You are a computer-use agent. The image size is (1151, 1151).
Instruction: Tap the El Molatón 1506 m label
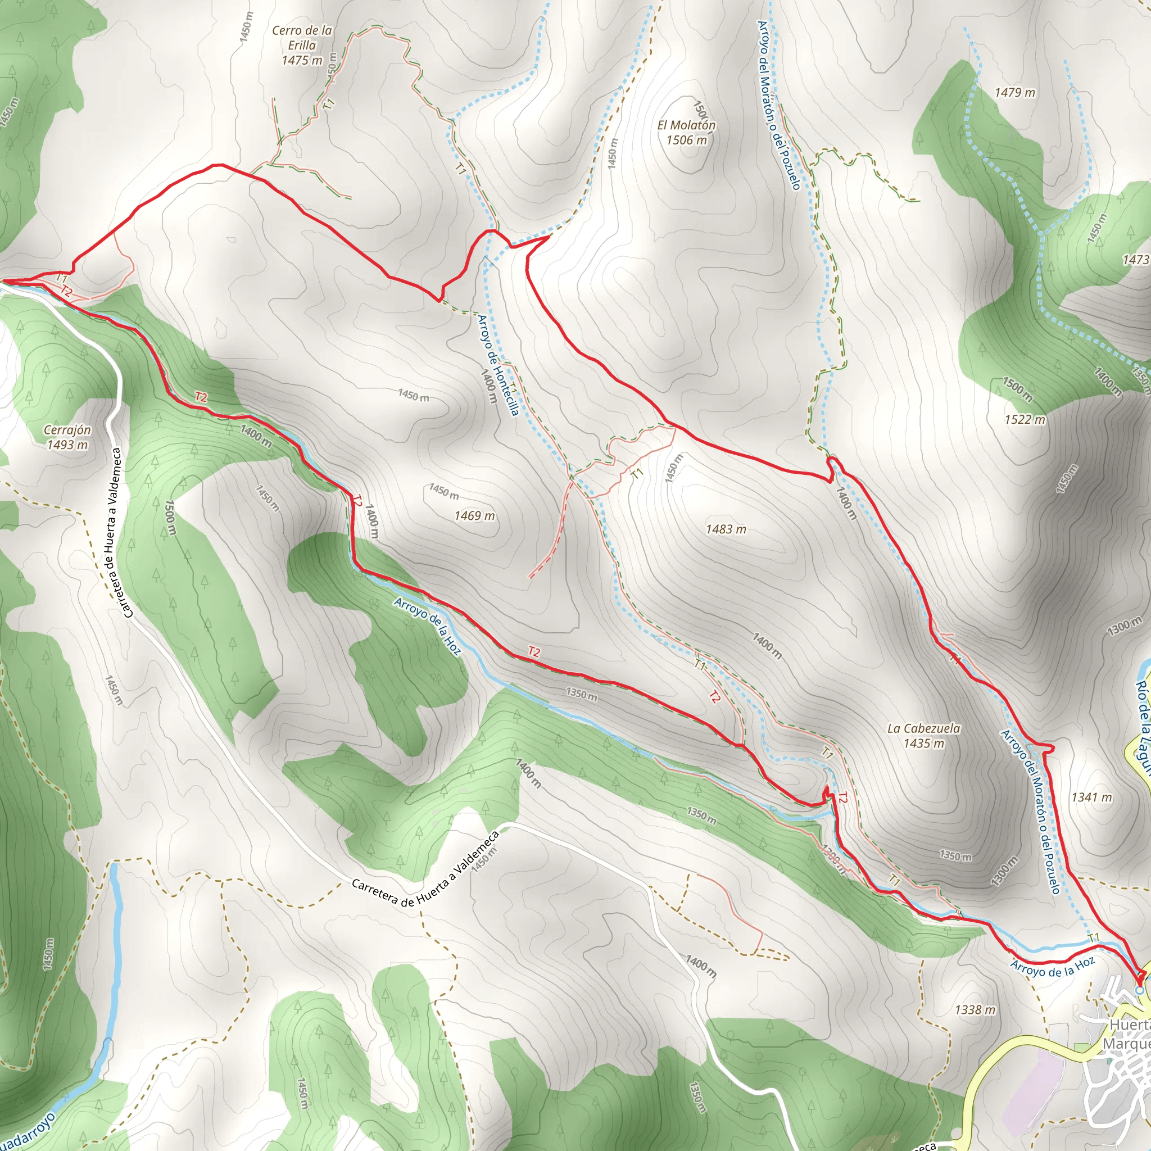point(686,132)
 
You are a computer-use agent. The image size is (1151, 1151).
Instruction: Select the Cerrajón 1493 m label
point(67,437)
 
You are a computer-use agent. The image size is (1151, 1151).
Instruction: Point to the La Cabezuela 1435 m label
point(923,736)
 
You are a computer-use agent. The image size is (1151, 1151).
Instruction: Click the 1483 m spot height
point(726,529)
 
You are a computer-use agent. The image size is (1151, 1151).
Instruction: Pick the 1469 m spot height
point(474,515)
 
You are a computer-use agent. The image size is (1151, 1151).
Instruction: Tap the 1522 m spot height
point(1025,419)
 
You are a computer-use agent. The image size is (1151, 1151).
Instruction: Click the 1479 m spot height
point(1014,92)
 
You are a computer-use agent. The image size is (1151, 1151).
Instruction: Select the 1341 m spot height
point(1091,797)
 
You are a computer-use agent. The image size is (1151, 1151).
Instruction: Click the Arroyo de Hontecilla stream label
point(499,364)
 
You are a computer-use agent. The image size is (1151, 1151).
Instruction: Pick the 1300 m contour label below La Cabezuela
point(1005,871)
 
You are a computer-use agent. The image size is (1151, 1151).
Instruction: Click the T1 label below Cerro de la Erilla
point(329,103)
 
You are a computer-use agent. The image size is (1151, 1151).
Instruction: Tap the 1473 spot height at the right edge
point(1135,260)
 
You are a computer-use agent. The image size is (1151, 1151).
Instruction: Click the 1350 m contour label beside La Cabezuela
point(955,856)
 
